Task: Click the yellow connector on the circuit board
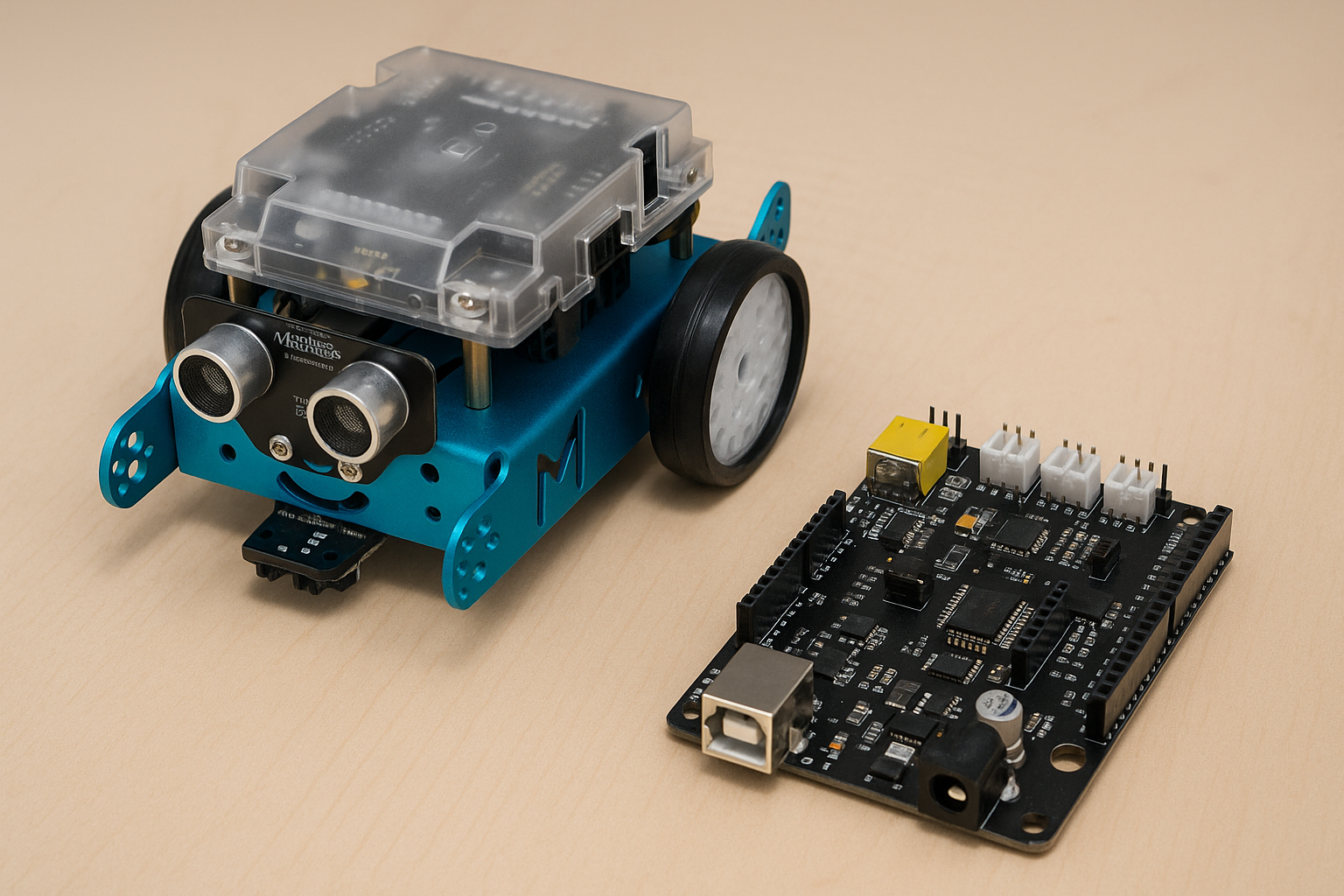pos(906,457)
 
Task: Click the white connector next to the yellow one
pos(1009,455)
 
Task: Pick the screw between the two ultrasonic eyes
pos(280,447)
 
